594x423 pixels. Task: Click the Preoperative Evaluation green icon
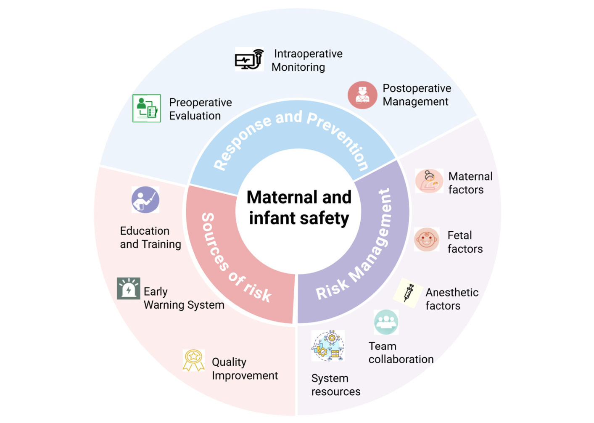pyautogui.click(x=147, y=108)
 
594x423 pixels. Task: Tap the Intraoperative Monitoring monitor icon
pyautogui.click(x=249, y=59)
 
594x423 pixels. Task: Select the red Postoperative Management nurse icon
pyautogui.click(x=362, y=95)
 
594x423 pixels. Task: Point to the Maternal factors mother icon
pyautogui.click(x=429, y=181)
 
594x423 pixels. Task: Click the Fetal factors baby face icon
pyautogui.click(x=427, y=239)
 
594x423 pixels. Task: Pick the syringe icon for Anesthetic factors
pyautogui.click(x=408, y=293)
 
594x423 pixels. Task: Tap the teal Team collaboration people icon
pyautogui.click(x=386, y=322)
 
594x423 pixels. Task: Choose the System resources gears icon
pyautogui.click(x=328, y=346)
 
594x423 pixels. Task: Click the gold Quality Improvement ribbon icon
pyautogui.click(x=193, y=360)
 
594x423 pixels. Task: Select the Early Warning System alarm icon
pyautogui.click(x=129, y=288)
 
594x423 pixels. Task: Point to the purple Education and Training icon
pyautogui.click(x=145, y=200)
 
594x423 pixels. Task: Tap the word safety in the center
pyautogui.click(x=324, y=218)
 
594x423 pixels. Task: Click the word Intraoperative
pyautogui.click(x=308, y=53)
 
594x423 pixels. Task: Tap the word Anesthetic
pyautogui.click(x=452, y=293)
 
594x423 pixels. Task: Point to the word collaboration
pyautogui.click(x=401, y=360)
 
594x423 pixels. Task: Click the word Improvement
pyautogui.click(x=245, y=376)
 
